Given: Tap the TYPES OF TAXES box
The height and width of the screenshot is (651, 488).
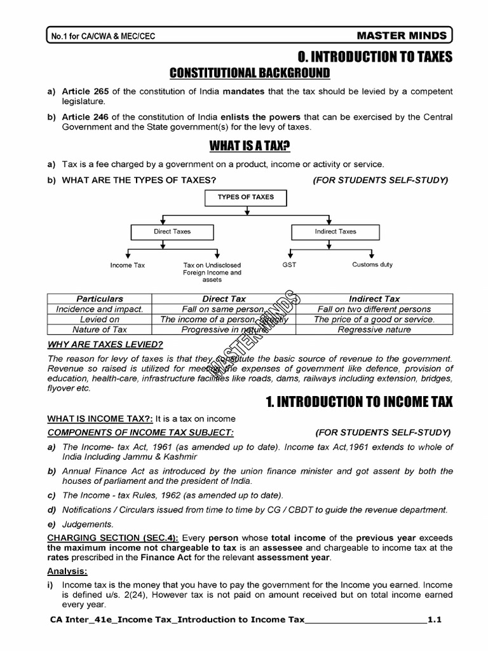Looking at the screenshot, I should click(x=245, y=198).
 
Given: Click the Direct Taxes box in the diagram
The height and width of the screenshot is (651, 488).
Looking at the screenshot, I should click(x=172, y=232).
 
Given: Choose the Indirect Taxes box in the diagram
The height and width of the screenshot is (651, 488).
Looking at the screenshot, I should click(x=335, y=232).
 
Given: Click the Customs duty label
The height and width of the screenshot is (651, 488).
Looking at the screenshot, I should click(x=372, y=264).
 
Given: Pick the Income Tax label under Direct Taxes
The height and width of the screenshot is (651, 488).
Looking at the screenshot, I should click(x=128, y=265).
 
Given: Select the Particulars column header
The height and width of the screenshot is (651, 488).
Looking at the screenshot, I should click(x=100, y=298).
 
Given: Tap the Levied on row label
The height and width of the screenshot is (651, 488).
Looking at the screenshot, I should click(x=100, y=319).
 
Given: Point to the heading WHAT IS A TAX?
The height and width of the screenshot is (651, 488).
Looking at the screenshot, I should click(x=250, y=147).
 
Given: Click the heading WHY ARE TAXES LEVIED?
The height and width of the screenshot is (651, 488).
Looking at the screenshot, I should click(x=105, y=345).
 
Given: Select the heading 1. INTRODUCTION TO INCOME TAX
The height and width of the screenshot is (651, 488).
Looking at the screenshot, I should click(x=358, y=402).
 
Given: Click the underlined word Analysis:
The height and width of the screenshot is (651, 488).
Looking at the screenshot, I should click(x=67, y=571).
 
